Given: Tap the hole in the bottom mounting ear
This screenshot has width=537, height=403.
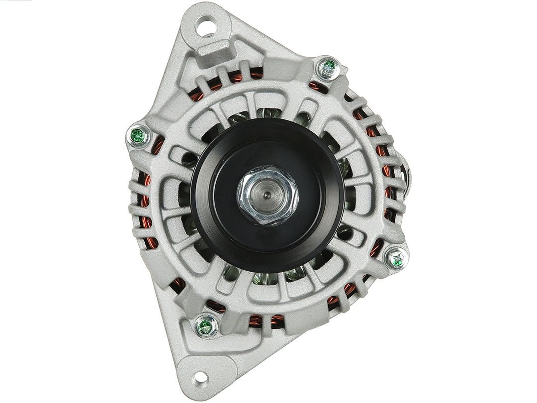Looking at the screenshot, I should point(200,378).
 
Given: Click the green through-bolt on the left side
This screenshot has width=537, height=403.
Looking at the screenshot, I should point(138,135).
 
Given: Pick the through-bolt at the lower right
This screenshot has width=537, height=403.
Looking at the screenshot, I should point(396,258).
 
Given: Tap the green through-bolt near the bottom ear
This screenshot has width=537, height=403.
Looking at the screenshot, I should point(205,326).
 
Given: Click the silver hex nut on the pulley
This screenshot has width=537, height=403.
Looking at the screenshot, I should point(267,195).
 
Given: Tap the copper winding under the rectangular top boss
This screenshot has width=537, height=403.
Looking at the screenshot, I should point(234,78).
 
